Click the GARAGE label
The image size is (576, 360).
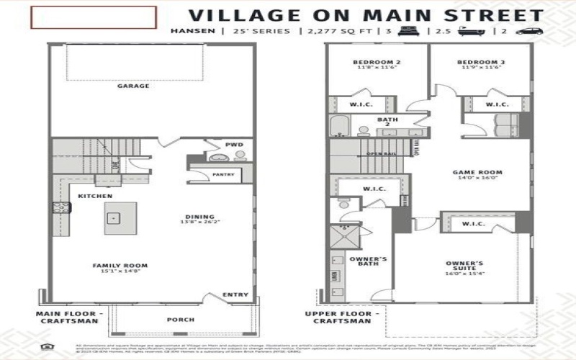[x=133, y=86]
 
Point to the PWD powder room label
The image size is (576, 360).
[x=234, y=144]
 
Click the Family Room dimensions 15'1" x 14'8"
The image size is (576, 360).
[x=120, y=272]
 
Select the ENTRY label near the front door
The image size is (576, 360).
[x=235, y=294]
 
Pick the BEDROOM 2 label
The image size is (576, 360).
[x=377, y=63]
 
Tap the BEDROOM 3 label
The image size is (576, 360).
[x=480, y=63]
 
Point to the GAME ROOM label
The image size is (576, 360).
[x=477, y=173]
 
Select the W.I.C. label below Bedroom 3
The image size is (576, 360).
[x=497, y=104]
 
